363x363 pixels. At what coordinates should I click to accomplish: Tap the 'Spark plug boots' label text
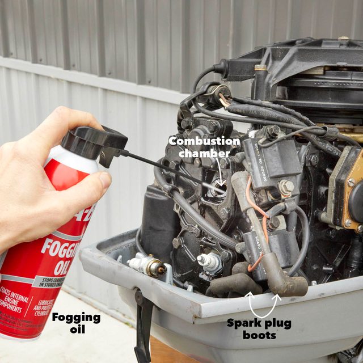click(260, 329)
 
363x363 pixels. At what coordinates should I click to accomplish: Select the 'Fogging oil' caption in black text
click(76, 323)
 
